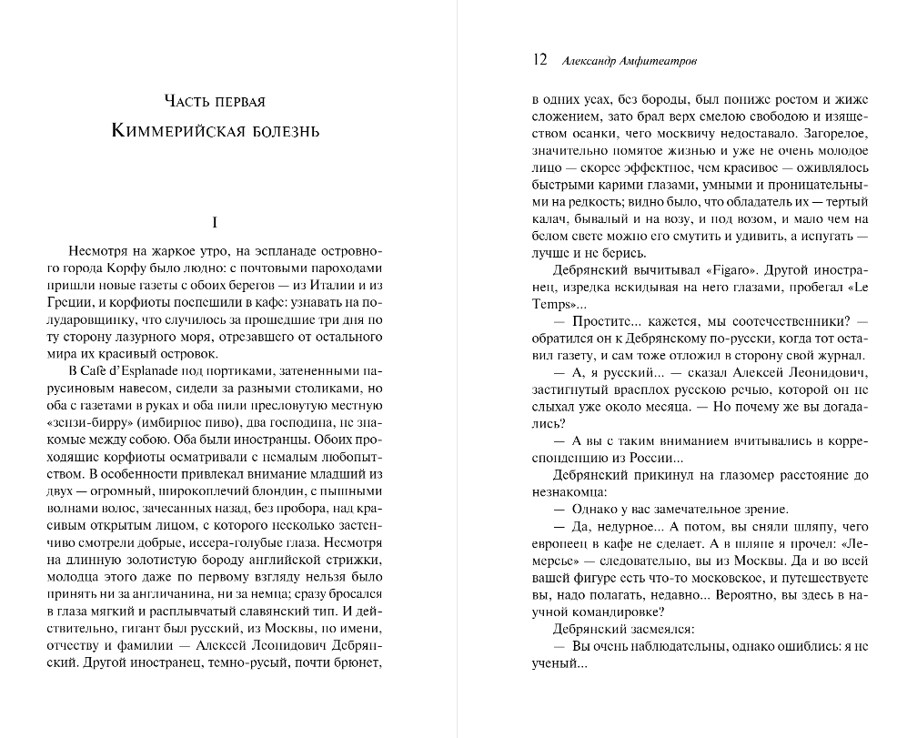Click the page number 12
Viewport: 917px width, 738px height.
click(x=539, y=60)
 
